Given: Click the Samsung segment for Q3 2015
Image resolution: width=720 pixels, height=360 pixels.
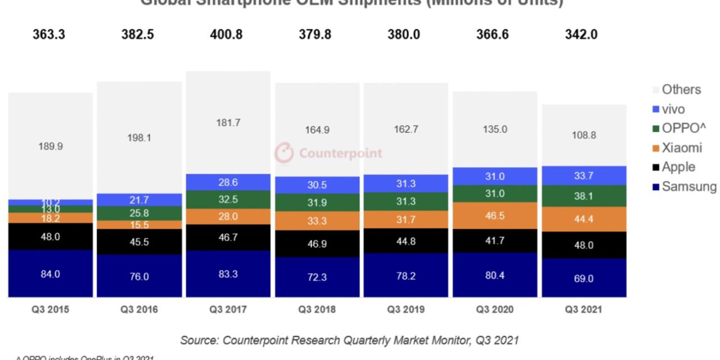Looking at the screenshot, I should coord(50,273).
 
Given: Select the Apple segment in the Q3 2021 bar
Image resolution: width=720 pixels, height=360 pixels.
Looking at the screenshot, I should coord(584,245).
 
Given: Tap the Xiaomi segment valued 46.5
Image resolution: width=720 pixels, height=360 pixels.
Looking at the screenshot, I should coord(495,215).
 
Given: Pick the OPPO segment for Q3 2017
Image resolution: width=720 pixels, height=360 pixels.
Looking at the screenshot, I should coord(228,199).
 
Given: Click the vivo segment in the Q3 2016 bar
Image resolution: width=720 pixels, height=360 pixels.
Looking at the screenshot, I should coord(139,200).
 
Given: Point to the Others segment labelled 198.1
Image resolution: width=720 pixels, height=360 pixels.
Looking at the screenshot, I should coord(139,137).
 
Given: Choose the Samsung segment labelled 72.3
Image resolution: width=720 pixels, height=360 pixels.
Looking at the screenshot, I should coord(317,277).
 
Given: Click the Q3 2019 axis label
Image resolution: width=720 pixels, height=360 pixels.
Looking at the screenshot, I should coord(406,310).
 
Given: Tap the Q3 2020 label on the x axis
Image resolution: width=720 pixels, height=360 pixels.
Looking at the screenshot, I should coord(495,310).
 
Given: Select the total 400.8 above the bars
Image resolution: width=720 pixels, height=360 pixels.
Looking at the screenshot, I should coord(228,34).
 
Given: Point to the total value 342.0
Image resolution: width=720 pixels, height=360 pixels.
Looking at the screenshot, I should coord(581,34).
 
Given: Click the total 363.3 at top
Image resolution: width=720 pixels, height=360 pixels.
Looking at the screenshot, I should coord(49,34).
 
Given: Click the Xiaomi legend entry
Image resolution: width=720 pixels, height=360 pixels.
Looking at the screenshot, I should coord(681,147).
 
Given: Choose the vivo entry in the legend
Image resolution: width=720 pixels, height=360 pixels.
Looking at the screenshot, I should coord(672,109).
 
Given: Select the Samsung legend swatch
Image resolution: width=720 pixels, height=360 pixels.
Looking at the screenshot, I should coord(655,187).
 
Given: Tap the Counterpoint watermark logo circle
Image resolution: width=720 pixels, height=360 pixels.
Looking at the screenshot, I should coord(284,153).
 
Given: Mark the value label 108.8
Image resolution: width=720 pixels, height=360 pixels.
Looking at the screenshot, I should coord(584,135).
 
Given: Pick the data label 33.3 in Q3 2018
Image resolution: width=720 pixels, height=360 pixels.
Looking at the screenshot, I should coord(317,221).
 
